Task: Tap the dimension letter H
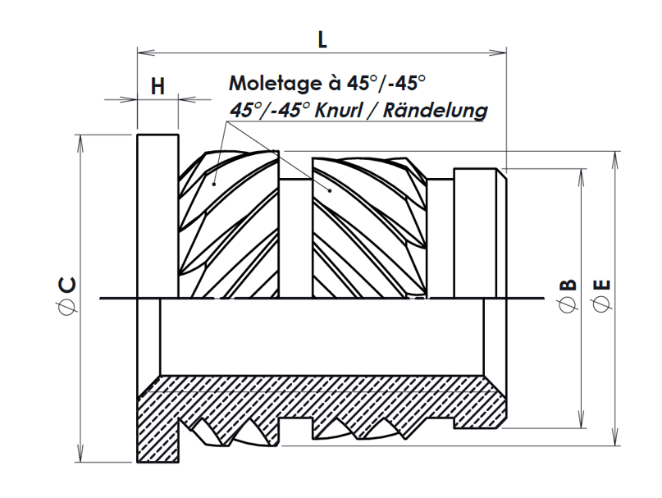tap(158, 86)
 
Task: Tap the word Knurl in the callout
tap(343, 110)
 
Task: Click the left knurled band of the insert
tap(229, 222)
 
